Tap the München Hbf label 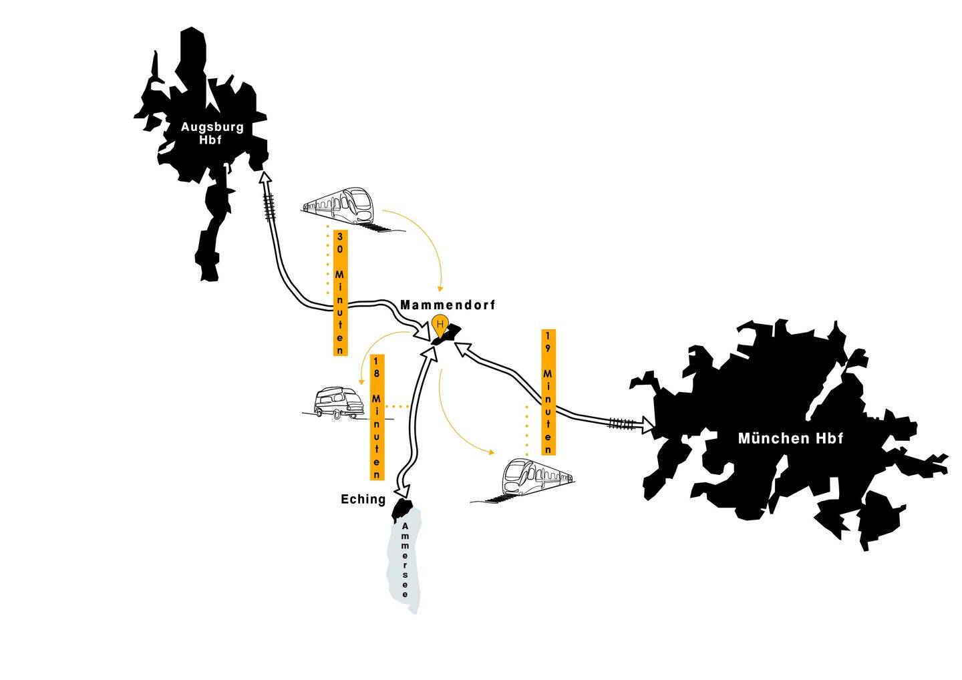(x=790, y=439)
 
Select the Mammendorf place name (x=448, y=305)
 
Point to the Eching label (x=363, y=499)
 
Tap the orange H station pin (x=439, y=325)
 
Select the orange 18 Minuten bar (x=377, y=416)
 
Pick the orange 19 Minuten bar (x=548, y=393)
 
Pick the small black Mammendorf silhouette (x=447, y=334)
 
